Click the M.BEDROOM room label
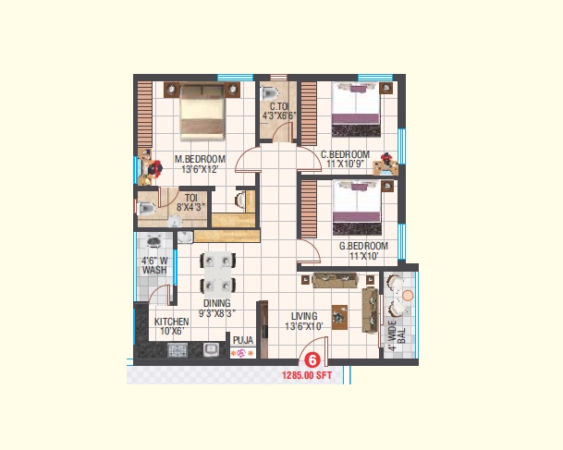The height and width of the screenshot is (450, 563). pos(200,159)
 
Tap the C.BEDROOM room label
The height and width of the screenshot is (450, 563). pos(345,154)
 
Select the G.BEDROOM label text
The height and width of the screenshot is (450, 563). pos(363,246)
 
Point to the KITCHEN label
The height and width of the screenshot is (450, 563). pos(172,322)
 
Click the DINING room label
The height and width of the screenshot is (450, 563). pos(217,303)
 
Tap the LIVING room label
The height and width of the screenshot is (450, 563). pos(304,316)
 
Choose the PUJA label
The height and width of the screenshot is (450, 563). pos(243,340)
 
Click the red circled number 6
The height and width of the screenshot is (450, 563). pos(312,360)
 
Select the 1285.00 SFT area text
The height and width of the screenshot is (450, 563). pos(307,375)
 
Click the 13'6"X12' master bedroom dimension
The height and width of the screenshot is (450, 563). pos(200,169)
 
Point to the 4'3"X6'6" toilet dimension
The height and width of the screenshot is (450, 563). pos(279,116)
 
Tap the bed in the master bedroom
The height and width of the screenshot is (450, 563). pos(202,112)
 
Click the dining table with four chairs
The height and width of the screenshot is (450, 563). pos(217,274)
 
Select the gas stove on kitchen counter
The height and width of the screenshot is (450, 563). pos(177,350)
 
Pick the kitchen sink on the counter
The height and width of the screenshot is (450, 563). pos(212,350)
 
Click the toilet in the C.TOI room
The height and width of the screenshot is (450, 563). pos(270,93)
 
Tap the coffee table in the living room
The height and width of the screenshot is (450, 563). pos(339,317)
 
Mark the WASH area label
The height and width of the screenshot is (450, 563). pos(154,270)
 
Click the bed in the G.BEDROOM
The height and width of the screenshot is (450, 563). pos(357,207)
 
